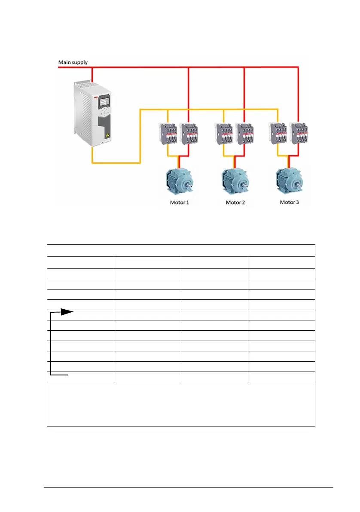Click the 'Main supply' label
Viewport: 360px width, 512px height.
coord(73,62)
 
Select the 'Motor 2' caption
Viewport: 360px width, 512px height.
coord(235,202)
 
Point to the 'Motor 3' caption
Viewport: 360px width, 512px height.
coord(290,201)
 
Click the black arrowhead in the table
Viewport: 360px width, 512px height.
coord(67,312)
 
